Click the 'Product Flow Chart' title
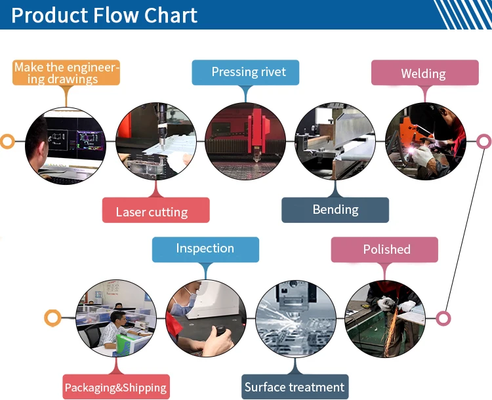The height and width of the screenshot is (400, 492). (x=104, y=14)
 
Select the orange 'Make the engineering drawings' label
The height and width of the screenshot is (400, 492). (x=66, y=73)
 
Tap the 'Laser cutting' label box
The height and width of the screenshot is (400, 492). (x=156, y=210)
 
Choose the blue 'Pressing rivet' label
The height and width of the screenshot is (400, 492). (x=245, y=73)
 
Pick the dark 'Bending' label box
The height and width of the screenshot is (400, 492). (x=335, y=210)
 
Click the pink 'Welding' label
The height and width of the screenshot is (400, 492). (x=425, y=73)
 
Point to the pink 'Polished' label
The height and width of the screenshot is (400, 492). (x=384, y=250)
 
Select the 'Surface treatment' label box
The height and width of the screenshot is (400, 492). (x=295, y=387)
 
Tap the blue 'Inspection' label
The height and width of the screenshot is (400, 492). (x=205, y=250)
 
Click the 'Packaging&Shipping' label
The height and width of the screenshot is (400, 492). (x=116, y=387)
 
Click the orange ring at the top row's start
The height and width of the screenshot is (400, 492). (x=7, y=142)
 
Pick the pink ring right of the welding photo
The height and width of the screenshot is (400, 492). (x=484, y=142)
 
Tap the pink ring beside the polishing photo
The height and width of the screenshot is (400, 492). (x=443, y=319)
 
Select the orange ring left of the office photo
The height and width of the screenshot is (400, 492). (x=52, y=318)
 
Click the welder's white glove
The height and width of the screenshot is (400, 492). (x=424, y=155)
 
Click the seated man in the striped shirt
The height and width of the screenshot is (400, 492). (x=113, y=330)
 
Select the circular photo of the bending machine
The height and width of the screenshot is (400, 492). (x=335, y=142)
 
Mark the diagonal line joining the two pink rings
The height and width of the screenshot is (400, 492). (x=464, y=230)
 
